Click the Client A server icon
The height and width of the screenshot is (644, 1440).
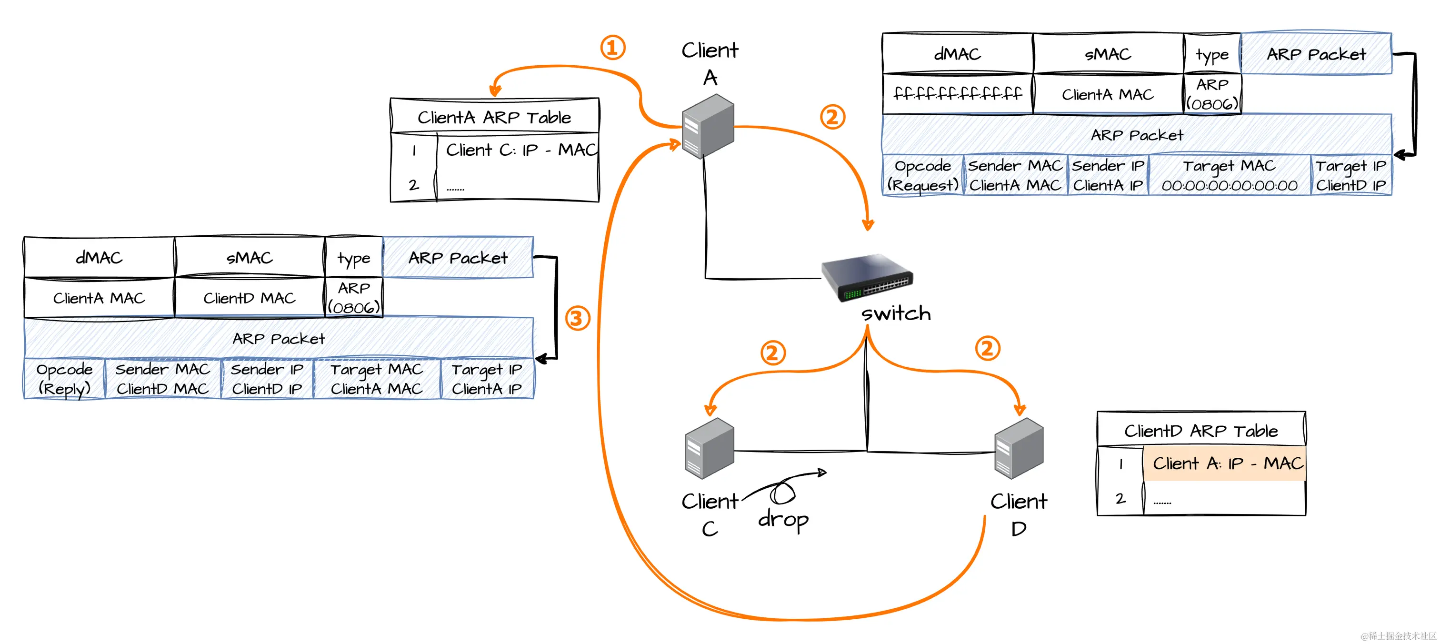tap(708, 126)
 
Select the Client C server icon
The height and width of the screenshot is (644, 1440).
tap(709, 448)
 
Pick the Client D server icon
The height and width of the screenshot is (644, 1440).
tap(1019, 448)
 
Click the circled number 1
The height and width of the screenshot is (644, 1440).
tap(613, 48)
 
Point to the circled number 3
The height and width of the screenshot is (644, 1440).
tap(578, 319)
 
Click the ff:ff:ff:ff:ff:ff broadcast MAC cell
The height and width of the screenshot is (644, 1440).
tap(958, 93)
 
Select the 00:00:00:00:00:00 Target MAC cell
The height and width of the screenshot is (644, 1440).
tap(1229, 176)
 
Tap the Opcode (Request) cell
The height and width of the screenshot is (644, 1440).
tap(923, 176)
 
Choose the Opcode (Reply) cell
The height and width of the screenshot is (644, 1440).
tap(64, 379)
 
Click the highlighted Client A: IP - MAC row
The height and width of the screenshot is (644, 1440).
tap(1224, 463)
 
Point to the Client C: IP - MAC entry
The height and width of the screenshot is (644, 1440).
tap(520, 150)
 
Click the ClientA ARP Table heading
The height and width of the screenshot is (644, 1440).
tap(494, 117)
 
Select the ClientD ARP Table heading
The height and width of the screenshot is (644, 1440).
tap(1201, 431)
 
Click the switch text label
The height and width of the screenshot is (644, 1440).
tap(896, 313)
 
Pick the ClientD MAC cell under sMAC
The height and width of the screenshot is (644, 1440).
tap(250, 298)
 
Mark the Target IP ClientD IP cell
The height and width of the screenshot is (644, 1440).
tap(1350, 176)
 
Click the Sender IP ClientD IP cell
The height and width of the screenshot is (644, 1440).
tap(267, 379)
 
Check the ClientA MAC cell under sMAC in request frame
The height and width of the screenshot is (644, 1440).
tap(1108, 94)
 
